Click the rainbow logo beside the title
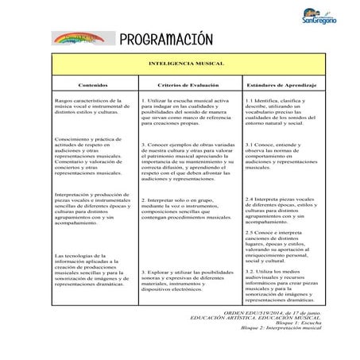click(79, 38)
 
